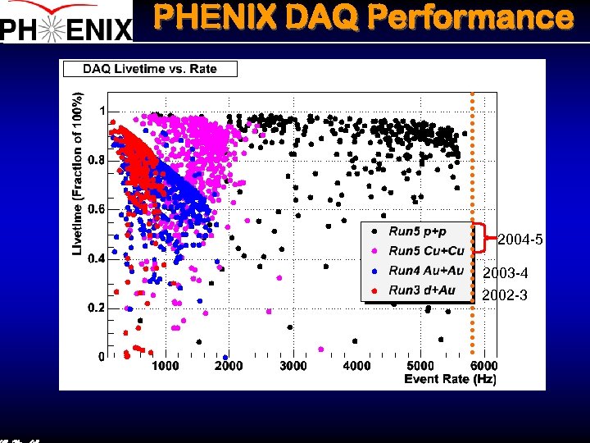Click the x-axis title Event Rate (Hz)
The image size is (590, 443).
click(x=450, y=378)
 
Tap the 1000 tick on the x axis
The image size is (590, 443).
click(x=165, y=366)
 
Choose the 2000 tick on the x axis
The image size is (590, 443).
click(x=229, y=366)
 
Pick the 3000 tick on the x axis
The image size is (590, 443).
click(x=293, y=366)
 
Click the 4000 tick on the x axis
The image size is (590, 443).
click(x=356, y=366)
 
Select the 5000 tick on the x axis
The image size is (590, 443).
click(x=420, y=366)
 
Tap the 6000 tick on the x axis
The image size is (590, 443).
click(x=483, y=366)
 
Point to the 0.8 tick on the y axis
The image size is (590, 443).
click(x=96, y=160)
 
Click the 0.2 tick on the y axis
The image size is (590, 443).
click(x=96, y=308)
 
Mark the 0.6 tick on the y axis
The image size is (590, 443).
click(x=96, y=209)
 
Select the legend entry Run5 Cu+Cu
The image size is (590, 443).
click(x=425, y=251)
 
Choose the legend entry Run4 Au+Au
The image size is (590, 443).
click(x=425, y=271)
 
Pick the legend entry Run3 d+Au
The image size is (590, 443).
click(x=421, y=290)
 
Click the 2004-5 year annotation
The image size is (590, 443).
click(x=520, y=240)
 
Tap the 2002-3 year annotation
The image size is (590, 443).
click(x=504, y=295)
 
